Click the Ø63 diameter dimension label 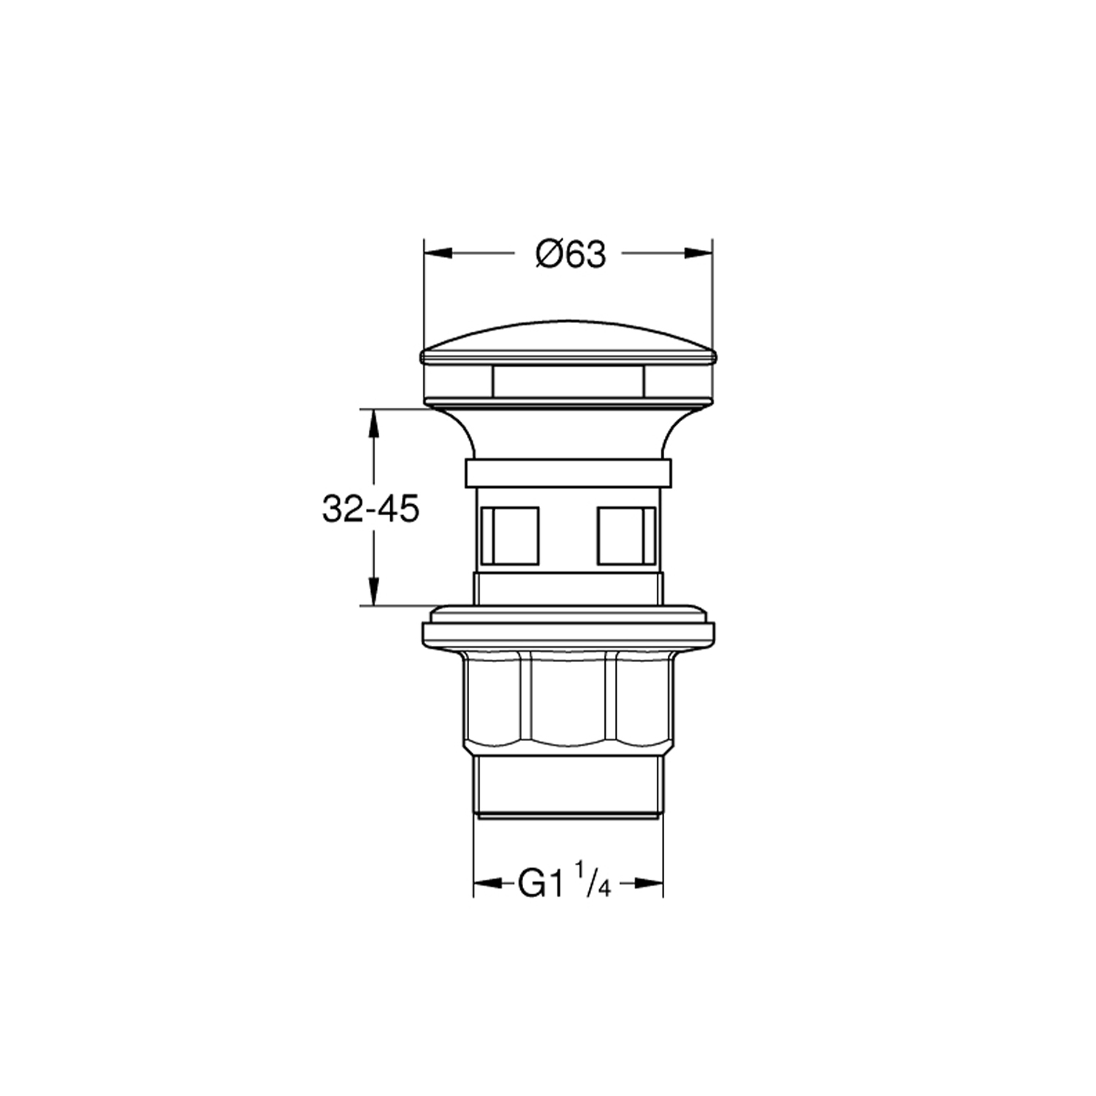tap(571, 254)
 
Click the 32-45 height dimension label tap(370, 509)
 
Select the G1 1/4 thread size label tap(563, 883)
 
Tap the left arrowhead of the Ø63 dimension tap(438, 253)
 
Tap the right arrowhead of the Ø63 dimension tap(698, 253)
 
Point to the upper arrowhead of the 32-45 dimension tap(373, 422)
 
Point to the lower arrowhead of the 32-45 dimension tap(373, 592)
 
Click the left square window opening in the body tap(509, 536)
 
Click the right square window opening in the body tap(626, 536)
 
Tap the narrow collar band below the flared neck tap(568, 473)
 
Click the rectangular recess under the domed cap tap(568, 381)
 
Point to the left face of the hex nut tap(496, 701)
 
